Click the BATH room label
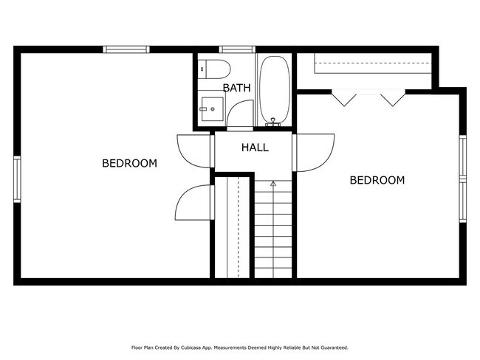click(236, 88)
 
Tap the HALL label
click(255, 148)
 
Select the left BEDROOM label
click(129, 163)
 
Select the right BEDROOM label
click(377, 180)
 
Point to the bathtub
click(274, 89)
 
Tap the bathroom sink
click(210, 109)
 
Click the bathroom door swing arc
click(239, 117)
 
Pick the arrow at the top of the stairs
click(272, 182)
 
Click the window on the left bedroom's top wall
click(126, 49)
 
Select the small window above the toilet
click(233, 49)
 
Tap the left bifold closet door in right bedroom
click(343, 97)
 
